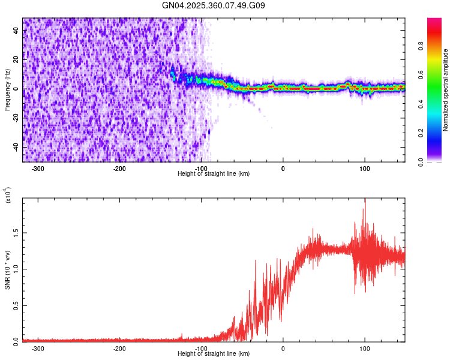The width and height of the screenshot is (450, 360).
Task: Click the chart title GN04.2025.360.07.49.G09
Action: pos(214,6)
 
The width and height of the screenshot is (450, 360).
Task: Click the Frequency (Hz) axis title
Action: pos(7,90)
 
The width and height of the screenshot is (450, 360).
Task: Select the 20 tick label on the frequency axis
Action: pos(16,60)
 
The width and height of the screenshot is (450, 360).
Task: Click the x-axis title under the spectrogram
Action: pos(214,173)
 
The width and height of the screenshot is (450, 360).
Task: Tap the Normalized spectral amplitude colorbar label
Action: pos(446,90)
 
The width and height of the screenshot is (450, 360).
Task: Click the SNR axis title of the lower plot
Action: pos(7,270)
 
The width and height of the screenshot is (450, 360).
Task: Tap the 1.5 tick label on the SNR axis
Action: pos(16,232)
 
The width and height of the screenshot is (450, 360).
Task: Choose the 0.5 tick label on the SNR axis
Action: pos(16,305)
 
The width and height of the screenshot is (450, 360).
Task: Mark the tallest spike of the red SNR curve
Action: pos(364,200)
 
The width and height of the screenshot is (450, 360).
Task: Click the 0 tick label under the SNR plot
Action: pos(283,348)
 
